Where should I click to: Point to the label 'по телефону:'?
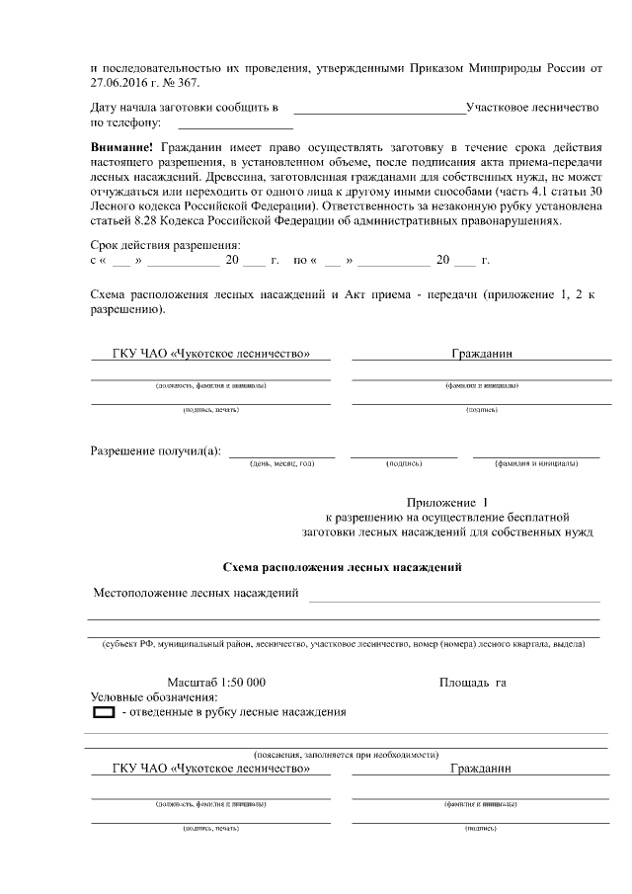pyautogui.click(x=126, y=123)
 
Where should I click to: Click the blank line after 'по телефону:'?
pyautogui.click(x=235, y=125)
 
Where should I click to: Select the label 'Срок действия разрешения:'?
pyautogui.click(x=165, y=245)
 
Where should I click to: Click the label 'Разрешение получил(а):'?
pyautogui.click(x=156, y=451)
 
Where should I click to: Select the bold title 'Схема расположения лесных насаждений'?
pyautogui.click(x=343, y=567)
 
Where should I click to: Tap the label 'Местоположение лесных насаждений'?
pyautogui.click(x=196, y=594)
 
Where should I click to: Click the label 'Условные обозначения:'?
pyautogui.click(x=153, y=697)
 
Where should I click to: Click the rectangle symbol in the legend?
pyautogui.click(x=104, y=712)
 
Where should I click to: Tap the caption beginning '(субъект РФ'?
pyautogui.click(x=345, y=644)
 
